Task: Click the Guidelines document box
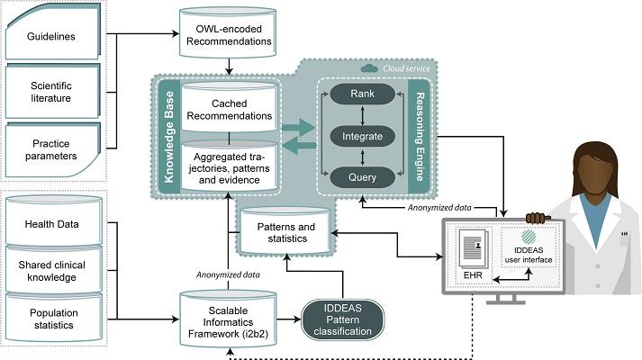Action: point(52,31)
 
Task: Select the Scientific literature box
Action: point(52,91)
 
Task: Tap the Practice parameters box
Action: point(52,149)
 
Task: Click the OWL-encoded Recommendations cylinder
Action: point(228,32)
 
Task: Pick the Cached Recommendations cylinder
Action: point(230,107)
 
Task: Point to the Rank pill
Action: point(362,94)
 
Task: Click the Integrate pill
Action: point(362,136)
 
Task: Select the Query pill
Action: point(362,177)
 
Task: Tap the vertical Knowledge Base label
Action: point(168,137)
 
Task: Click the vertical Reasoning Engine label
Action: point(419,137)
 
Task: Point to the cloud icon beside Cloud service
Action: point(369,68)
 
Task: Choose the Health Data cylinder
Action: point(54,220)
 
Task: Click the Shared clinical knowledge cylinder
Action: point(54,270)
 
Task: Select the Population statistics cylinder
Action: point(54,318)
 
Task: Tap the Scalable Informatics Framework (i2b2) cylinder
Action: point(228,319)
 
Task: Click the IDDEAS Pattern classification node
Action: point(343,319)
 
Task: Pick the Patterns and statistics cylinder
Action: point(285,230)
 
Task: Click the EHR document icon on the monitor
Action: point(474,247)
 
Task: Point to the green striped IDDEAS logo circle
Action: point(529,238)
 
